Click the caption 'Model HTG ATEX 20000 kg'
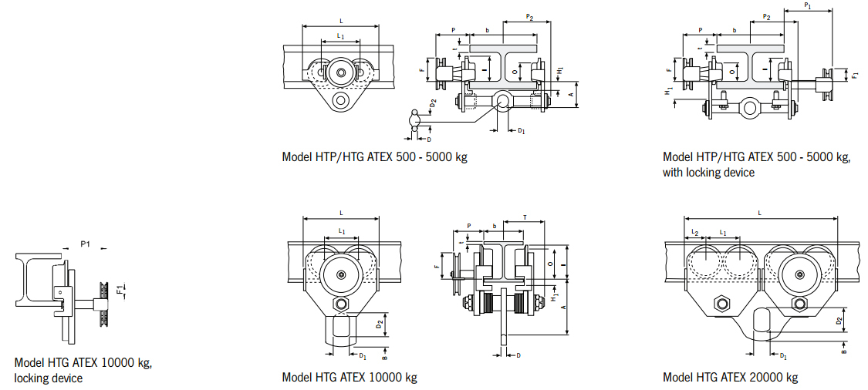(730, 377)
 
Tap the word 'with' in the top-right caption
(673, 172)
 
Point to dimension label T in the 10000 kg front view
(525, 217)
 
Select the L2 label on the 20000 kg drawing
(694, 233)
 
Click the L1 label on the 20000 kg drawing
(723, 233)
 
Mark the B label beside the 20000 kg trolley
(843, 351)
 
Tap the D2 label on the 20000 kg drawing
(839, 321)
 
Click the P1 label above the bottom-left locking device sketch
(85, 244)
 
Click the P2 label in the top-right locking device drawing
(767, 17)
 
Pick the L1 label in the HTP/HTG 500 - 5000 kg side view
(341, 36)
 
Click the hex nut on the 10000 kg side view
(340, 304)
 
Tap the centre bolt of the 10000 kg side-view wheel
(342, 275)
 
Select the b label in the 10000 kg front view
(495, 227)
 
